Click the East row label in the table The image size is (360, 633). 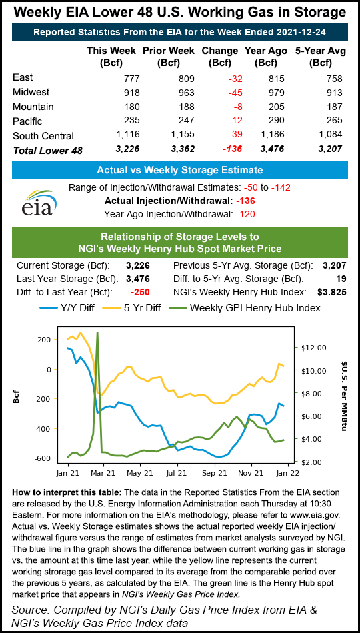[23, 78]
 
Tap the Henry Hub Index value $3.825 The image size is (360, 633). [332, 291]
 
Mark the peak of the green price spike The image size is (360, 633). [98, 332]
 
